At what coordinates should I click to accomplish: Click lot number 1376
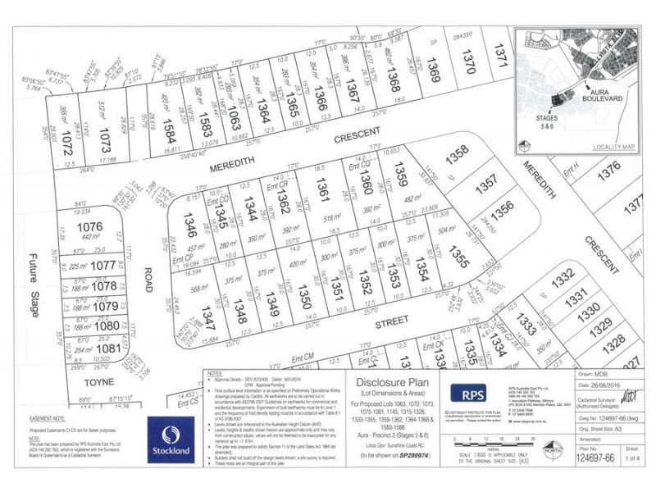click(608, 171)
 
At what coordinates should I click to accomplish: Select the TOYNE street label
click(92, 382)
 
